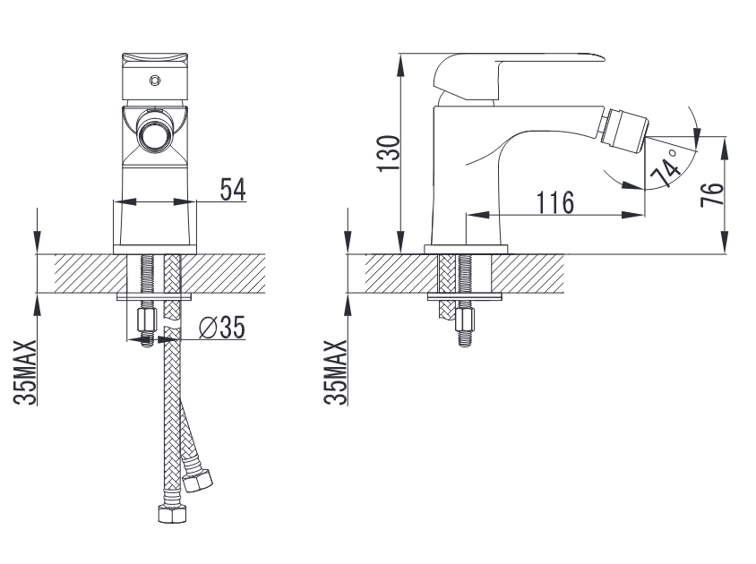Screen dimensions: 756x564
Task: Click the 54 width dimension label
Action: (233, 189)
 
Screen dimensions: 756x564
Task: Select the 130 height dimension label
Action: (389, 153)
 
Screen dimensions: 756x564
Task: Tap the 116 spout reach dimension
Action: (555, 202)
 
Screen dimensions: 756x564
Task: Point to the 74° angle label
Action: (666, 167)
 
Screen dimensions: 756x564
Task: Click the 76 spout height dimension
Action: (712, 194)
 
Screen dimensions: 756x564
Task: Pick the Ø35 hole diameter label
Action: (222, 328)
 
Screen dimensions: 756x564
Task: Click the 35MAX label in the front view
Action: (25, 372)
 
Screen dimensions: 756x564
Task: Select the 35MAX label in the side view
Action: (336, 372)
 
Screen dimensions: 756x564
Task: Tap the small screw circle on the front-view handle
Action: (154, 81)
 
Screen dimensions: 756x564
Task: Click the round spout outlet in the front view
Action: (154, 132)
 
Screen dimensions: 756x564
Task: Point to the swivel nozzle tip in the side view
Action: (624, 128)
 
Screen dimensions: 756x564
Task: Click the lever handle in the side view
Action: (519, 76)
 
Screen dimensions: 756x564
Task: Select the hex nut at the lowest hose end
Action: (172, 513)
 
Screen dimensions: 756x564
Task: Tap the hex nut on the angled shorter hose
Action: (198, 480)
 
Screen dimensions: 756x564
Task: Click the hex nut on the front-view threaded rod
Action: (147, 320)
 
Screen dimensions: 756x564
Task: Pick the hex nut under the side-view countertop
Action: (465, 320)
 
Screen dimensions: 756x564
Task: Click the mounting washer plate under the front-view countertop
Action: (154, 296)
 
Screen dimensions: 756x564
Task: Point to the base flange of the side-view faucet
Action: (467, 249)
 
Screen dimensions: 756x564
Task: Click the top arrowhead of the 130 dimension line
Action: (400, 65)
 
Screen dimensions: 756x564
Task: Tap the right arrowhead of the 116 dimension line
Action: (632, 215)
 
